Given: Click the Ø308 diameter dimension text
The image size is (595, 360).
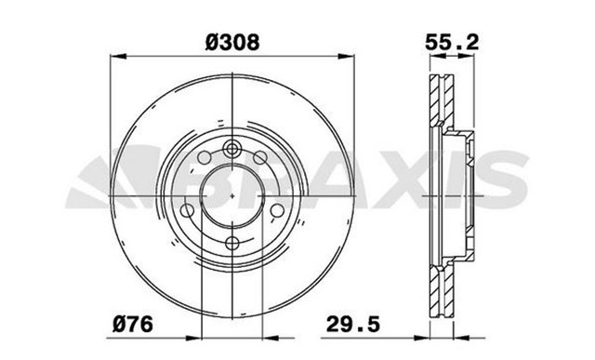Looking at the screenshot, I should pos(230,42).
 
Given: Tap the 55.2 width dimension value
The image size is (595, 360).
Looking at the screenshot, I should pos(444,42).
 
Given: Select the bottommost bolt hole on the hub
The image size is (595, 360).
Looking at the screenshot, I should pos(232,244).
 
